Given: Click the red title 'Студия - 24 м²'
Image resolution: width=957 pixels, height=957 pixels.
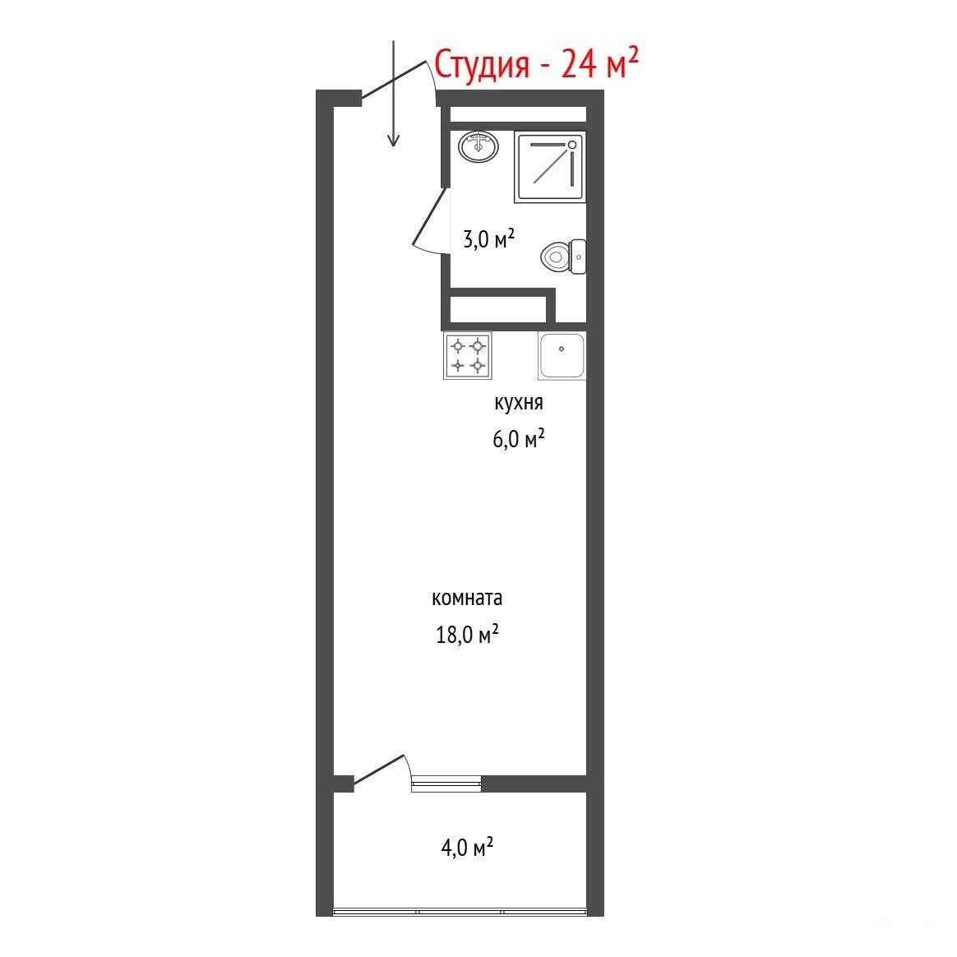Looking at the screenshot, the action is point(537,63).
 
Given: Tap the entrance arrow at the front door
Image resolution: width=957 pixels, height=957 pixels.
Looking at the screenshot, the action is point(394,94).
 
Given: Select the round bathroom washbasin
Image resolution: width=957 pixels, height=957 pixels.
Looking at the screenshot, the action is point(478,146).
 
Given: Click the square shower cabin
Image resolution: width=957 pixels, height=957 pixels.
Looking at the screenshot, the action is point(551,167).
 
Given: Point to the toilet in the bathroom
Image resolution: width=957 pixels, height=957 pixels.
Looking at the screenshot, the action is point(563,257).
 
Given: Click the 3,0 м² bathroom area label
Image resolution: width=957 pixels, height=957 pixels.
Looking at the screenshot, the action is point(489,238).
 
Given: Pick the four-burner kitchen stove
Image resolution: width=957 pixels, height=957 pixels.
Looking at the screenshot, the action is point(468,356).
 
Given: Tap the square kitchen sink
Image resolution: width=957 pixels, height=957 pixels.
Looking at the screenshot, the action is point(562,356).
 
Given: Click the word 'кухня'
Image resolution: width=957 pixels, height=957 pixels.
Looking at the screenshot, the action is point(518,403).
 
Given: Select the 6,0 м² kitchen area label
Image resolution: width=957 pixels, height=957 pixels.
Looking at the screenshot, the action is point(519,439).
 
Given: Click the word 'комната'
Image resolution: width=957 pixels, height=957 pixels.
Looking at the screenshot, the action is point(467,599).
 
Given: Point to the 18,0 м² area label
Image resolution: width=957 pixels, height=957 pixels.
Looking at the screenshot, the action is point(468,635).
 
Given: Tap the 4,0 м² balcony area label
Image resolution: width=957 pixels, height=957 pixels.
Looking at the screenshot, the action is point(468,847).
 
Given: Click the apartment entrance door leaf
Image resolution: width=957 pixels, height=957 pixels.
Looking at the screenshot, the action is point(394,80).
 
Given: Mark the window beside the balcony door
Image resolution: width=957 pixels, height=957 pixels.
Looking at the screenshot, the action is point(446,784).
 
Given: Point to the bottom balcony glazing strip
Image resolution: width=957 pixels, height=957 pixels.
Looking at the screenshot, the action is point(460,912).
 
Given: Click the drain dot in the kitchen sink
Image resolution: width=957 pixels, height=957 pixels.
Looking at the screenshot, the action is point(562,349).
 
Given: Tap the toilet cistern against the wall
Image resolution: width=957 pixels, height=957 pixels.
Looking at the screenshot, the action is point(578,257).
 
